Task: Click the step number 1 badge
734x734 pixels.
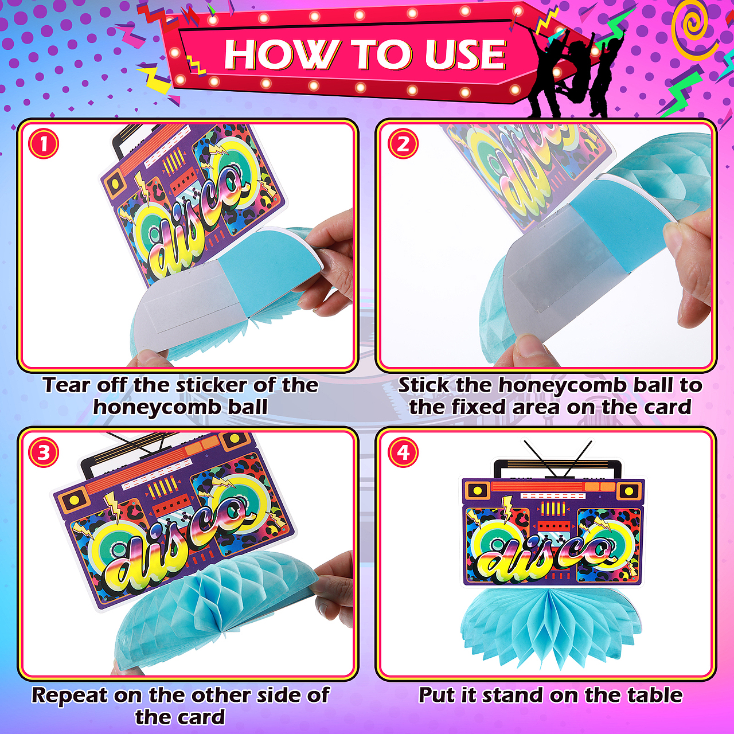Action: [44, 145]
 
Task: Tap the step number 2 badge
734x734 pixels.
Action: [403, 145]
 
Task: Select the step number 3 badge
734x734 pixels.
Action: [44, 453]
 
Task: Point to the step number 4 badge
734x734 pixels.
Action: [403, 453]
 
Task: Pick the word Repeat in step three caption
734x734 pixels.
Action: [70, 695]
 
